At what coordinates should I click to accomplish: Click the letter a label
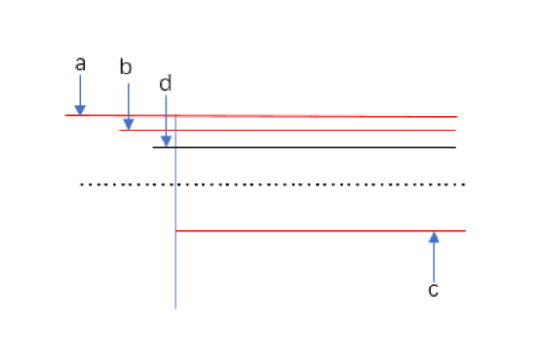[x=80, y=64]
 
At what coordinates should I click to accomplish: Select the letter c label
[x=434, y=289]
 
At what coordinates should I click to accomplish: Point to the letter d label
[x=165, y=84]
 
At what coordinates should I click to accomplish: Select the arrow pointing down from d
[x=166, y=122]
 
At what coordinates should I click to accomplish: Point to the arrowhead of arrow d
[x=166, y=142]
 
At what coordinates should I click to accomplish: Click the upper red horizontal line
[x=292, y=116]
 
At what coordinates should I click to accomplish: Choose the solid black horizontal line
[x=312, y=147]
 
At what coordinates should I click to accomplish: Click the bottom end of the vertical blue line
[x=175, y=307]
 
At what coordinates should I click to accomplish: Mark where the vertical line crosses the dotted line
[x=175, y=183]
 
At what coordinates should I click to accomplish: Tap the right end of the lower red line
[x=464, y=231]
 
